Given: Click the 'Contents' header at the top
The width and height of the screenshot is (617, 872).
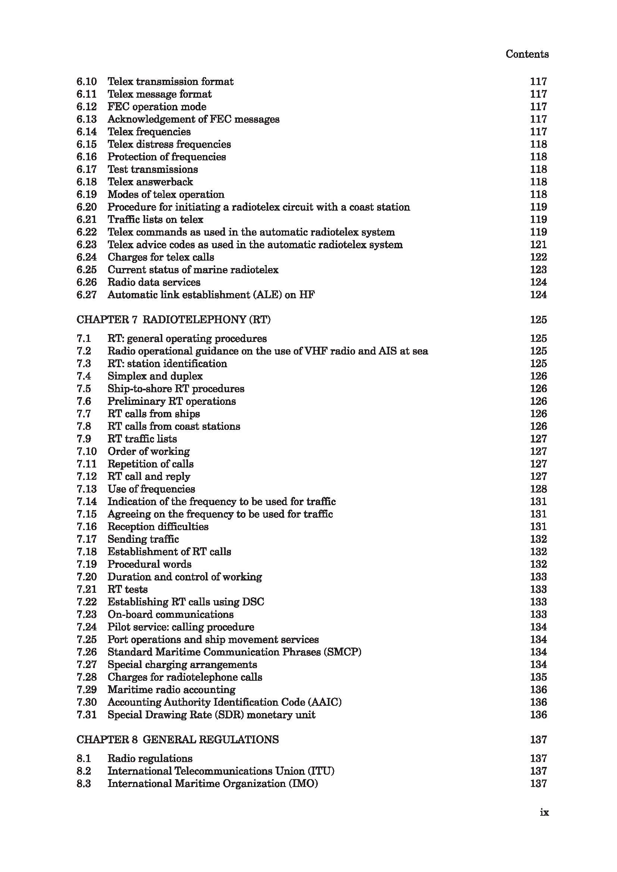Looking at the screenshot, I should coord(527,54).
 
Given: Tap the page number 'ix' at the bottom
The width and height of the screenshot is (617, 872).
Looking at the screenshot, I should coord(544,812).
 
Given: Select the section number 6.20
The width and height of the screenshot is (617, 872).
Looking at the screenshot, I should coord(87,207).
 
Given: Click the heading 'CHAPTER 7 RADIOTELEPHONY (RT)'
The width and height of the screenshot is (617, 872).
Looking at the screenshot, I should coord(173,320).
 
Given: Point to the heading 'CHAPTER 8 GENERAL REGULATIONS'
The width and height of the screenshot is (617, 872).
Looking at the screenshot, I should coord(178,739).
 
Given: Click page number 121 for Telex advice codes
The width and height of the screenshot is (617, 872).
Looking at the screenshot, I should coord(538,245).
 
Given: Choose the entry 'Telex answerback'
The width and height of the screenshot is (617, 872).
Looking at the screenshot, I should coord(150,182).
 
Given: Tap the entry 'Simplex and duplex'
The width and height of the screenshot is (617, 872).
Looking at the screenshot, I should coord(155,376).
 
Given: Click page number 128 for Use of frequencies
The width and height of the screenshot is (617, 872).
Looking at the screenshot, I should coord(538,489).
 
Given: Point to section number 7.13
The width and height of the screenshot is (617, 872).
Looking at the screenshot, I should coord(87,489).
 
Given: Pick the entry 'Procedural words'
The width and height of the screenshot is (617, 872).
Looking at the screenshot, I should coord(149,564).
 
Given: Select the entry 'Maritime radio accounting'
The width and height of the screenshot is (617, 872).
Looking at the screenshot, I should coord(171,689).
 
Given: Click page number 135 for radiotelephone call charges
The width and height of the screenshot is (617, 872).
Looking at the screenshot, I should coord(538,677).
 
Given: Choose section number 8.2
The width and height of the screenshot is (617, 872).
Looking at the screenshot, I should coord(84,771).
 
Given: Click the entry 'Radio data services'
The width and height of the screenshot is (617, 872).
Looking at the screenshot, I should coord(154,282).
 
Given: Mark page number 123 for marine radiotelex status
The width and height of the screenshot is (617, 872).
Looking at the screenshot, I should coord(538,270).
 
